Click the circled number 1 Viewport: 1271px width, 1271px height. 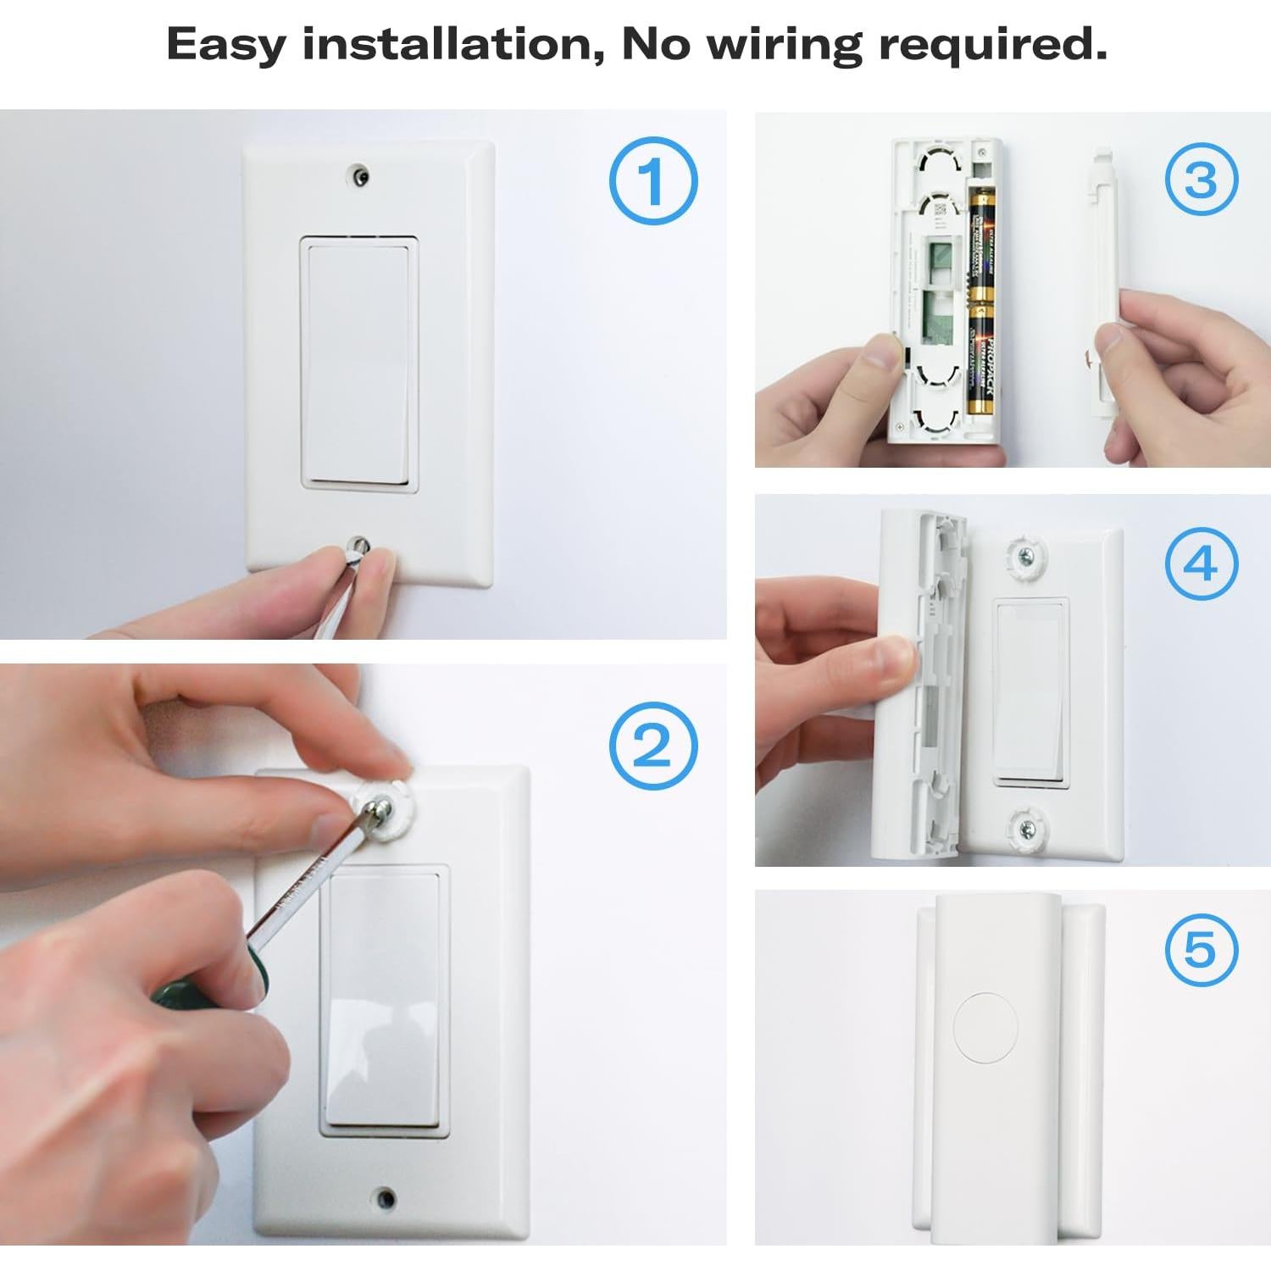point(652,180)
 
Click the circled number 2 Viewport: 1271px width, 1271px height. point(652,746)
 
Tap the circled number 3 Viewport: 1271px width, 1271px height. point(1201,180)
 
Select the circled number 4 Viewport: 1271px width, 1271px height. point(1201,563)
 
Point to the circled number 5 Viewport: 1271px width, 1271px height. point(1201,949)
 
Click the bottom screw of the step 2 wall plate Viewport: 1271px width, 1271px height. point(386,1197)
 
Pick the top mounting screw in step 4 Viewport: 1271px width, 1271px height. point(1027,555)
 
